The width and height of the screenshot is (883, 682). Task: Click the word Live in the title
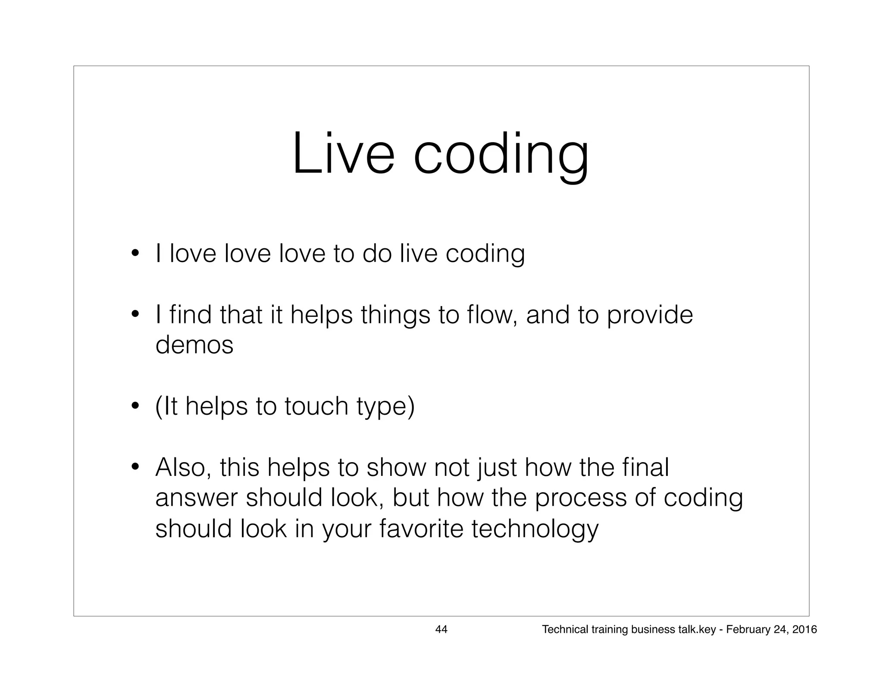343,153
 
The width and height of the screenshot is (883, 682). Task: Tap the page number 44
441,629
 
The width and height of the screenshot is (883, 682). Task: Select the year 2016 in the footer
805,629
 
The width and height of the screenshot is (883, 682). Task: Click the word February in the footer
746,629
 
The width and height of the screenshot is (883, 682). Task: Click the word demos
194,345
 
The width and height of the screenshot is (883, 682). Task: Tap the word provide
650,316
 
